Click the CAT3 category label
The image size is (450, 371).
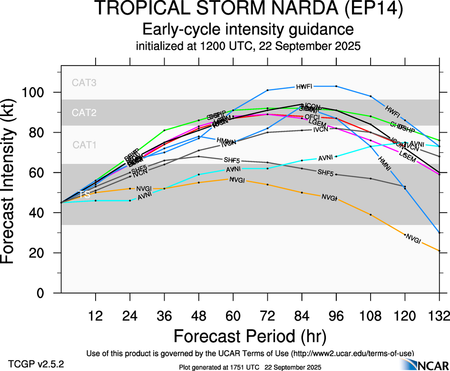84,82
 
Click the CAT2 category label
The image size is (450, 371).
84,113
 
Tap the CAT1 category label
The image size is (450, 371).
84,145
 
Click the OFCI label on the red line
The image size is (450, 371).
312,117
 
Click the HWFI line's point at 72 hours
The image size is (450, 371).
268,90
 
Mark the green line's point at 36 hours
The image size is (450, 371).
165,130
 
